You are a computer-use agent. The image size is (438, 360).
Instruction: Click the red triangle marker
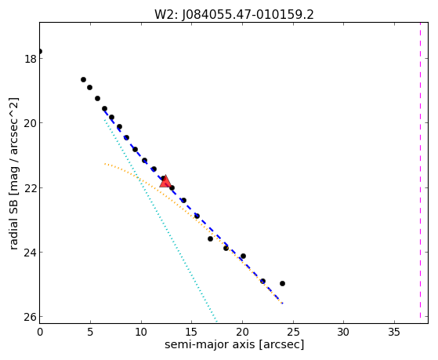tap(165, 181)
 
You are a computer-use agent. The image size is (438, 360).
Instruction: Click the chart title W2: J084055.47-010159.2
tap(234, 15)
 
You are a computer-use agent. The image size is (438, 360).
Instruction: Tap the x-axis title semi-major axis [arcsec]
tap(234, 344)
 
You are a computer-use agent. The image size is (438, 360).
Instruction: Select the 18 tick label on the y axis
tap(31, 59)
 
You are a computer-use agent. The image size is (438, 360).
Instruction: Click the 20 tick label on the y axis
tap(31, 123)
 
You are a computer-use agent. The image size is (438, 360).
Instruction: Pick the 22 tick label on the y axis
tap(31, 187)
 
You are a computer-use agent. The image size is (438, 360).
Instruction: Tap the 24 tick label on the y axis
tap(31, 253)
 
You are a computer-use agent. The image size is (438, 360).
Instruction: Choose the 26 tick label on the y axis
tap(31, 317)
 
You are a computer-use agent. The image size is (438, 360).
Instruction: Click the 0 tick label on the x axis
tap(40, 333)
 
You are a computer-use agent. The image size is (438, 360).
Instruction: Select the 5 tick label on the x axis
tap(90, 333)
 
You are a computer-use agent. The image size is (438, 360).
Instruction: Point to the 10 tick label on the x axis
tap(141, 333)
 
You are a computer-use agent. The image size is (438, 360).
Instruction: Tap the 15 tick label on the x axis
tap(192, 333)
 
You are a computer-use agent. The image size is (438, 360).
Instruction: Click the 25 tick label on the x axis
tap(293, 333)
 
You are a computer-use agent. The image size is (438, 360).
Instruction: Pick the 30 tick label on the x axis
tap(343, 333)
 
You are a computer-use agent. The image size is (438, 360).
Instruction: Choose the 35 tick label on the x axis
tap(394, 333)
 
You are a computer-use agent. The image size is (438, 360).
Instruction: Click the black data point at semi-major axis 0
tap(40, 51)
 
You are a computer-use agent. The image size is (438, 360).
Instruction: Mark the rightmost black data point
tap(282, 283)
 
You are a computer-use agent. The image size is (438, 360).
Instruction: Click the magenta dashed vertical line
tap(420, 170)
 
